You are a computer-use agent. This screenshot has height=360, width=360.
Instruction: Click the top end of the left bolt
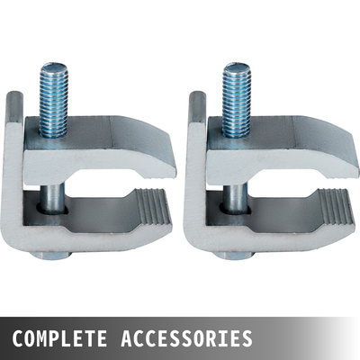click(53, 67)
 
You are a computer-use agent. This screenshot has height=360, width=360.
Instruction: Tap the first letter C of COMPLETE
click(18, 339)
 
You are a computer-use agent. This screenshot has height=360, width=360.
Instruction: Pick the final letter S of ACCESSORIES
click(246, 339)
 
